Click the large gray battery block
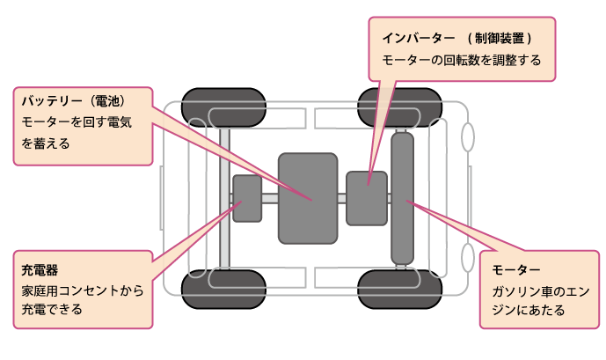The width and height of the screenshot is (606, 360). click(308, 198)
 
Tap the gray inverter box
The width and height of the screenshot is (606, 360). click(367, 199)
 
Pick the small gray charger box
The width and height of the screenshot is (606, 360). click(247, 199)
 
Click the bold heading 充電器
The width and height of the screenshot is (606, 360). click(39, 268)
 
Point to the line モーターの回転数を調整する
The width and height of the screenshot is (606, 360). click(461, 62)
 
